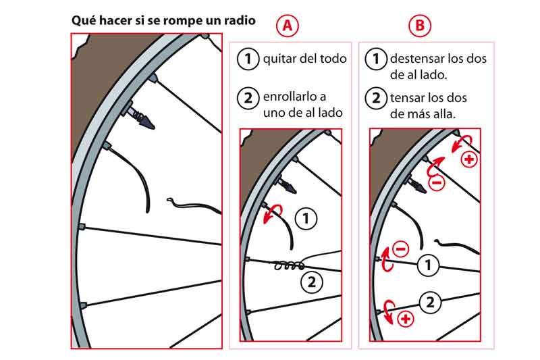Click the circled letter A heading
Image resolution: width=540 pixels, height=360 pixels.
pyautogui.click(x=288, y=26)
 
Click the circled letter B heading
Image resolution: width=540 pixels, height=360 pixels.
pyautogui.click(x=419, y=26)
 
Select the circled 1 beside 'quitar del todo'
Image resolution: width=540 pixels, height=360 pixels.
pyautogui.click(x=248, y=59)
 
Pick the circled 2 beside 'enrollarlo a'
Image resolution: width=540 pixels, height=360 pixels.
pyautogui.click(x=248, y=98)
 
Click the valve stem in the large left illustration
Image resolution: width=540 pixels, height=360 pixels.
pyautogui.click(x=140, y=115)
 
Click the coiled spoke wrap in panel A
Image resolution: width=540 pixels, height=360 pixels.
pyautogui.click(x=290, y=265)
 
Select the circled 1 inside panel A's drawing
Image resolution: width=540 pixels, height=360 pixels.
pyautogui.click(x=306, y=218)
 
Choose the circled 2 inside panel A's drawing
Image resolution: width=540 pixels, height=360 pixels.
pyautogui.click(x=311, y=282)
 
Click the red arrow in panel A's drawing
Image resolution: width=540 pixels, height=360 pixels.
pyautogui.click(x=273, y=213)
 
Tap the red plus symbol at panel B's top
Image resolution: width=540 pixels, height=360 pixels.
pyautogui.click(x=469, y=159)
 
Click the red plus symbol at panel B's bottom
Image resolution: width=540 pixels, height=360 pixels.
pyautogui.click(x=406, y=319)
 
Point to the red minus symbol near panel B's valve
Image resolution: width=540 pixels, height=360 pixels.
pyautogui.click(x=436, y=182)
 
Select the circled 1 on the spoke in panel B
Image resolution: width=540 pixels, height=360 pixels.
pyautogui.click(x=428, y=265)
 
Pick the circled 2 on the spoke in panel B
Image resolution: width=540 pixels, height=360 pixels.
pyautogui.click(x=431, y=303)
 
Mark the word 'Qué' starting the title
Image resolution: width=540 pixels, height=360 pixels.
pyautogui.click(x=82, y=20)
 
